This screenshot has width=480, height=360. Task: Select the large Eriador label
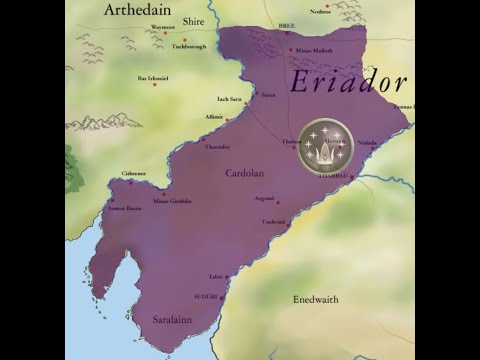(x=347, y=83)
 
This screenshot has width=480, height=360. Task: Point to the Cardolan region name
(x=244, y=173)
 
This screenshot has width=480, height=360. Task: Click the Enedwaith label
(x=316, y=299)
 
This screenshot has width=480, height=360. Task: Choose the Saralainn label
(x=172, y=319)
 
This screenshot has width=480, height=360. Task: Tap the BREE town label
(x=287, y=27)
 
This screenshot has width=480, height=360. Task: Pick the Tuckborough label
(x=189, y=46)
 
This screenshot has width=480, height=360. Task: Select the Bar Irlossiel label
(x=153, y=77)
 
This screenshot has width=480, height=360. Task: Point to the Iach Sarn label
(x=229, y=99)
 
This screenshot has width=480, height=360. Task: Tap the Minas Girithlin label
(x=172, y=200)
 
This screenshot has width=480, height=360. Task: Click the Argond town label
(x=264, y=198)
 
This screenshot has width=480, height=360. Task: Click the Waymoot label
(x=162, y=27)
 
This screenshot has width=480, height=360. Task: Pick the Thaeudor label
(x=217, y=146)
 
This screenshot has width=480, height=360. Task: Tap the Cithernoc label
(x=134, y=173)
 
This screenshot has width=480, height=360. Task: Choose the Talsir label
(x=216, y=276)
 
